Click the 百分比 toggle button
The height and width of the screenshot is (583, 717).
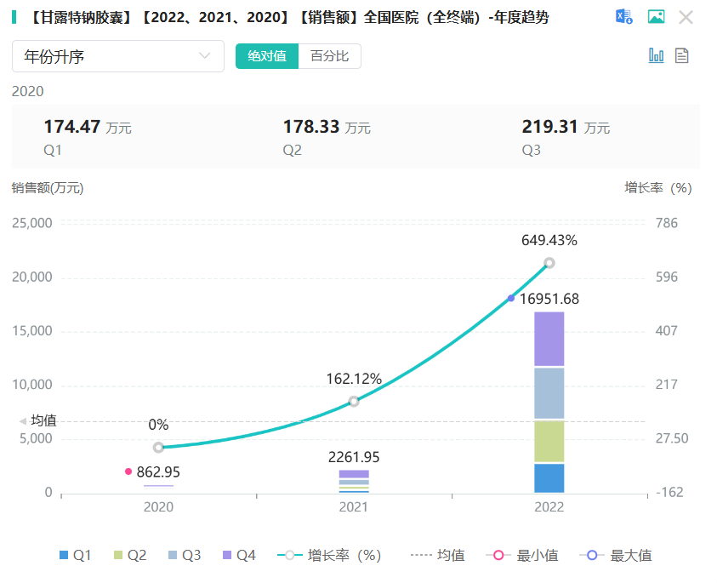(329, 56)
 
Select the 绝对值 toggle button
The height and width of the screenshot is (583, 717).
(267, 56)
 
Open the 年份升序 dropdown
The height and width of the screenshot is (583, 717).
(118, 56)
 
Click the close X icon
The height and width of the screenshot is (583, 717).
(686, 17)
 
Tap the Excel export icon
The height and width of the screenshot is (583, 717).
(624, 17)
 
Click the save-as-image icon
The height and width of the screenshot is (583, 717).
(656, 17)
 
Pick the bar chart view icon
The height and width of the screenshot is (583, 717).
(656, 55)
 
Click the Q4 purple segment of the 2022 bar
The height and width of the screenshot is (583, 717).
(549, 339)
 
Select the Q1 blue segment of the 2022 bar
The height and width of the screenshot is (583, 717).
(549, 477)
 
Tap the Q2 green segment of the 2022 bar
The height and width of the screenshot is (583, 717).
(549, 441)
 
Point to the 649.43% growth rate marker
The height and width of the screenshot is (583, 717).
(549, 263)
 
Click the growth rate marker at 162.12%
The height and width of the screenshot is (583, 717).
(354, 401)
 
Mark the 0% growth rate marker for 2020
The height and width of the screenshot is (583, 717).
(158, 448)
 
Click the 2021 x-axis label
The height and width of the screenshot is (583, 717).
(354, 507)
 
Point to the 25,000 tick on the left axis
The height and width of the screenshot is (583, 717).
(31, 223)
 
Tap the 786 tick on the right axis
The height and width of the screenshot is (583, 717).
(666, 223)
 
